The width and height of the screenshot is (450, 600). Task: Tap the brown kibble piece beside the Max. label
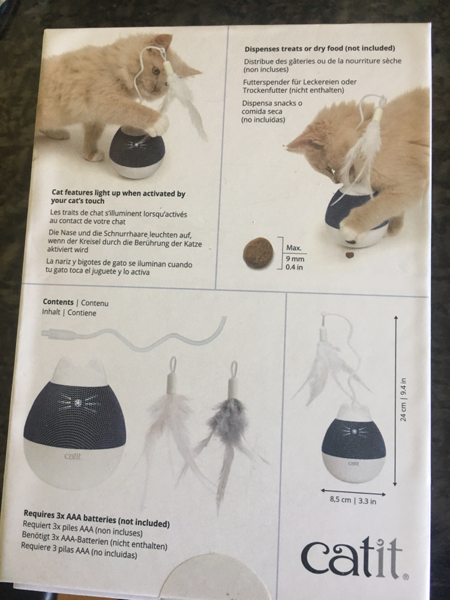click(258, 253)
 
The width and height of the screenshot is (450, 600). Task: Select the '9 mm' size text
click(295, 259)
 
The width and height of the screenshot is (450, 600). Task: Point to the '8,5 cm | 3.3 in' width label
click(353, 500)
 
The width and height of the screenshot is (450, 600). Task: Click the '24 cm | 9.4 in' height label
click(403, 400)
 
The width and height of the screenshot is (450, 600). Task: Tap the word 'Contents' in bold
click(58, 302)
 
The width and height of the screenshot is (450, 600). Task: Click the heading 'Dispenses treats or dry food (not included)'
click(320, 49)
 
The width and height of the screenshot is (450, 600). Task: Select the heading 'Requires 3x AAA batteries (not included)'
click(97, 518)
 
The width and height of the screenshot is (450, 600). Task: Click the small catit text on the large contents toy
click(73, 456)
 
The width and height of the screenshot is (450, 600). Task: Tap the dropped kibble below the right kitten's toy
click(349, 254)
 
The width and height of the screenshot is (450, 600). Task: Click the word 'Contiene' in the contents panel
click(82, 313)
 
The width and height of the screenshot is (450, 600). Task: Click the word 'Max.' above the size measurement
click(294, 248)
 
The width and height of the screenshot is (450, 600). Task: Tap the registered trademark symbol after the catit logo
click(406, 576)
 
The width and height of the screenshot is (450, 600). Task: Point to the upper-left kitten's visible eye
click(155, 70)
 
